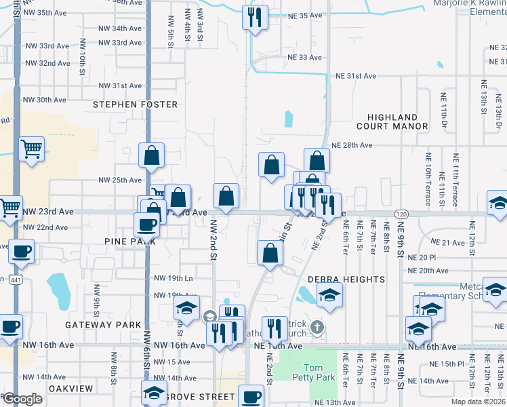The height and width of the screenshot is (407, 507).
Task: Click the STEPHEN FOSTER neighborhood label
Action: [136, 104]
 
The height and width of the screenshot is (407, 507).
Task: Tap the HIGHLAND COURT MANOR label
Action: [397, 121]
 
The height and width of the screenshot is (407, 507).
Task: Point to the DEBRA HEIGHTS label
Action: [337, 279]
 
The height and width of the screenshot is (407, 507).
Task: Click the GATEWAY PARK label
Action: [102, 325]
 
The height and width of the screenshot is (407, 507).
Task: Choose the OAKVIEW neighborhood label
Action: [70, 388]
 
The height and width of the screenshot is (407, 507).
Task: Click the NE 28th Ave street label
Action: [352, 145]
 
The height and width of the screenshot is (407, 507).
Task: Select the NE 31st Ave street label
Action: [355, 76]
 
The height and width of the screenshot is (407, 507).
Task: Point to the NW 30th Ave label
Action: [45, 100]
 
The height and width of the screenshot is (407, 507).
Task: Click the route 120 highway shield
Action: [401, 214]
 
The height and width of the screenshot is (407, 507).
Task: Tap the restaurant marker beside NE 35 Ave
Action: [255, 18]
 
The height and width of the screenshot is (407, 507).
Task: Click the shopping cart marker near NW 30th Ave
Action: [32, 148]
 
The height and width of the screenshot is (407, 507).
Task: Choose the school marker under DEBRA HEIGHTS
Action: [329, 295]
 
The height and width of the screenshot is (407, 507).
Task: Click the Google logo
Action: [22, 399]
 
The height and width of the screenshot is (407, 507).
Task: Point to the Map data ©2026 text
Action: [479, 402]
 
